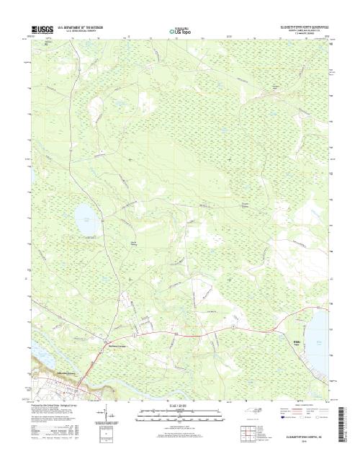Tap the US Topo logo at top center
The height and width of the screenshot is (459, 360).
point(180,31)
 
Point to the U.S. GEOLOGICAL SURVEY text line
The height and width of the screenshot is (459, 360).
point(83,32)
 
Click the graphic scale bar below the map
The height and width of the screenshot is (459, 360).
point(180,412)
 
